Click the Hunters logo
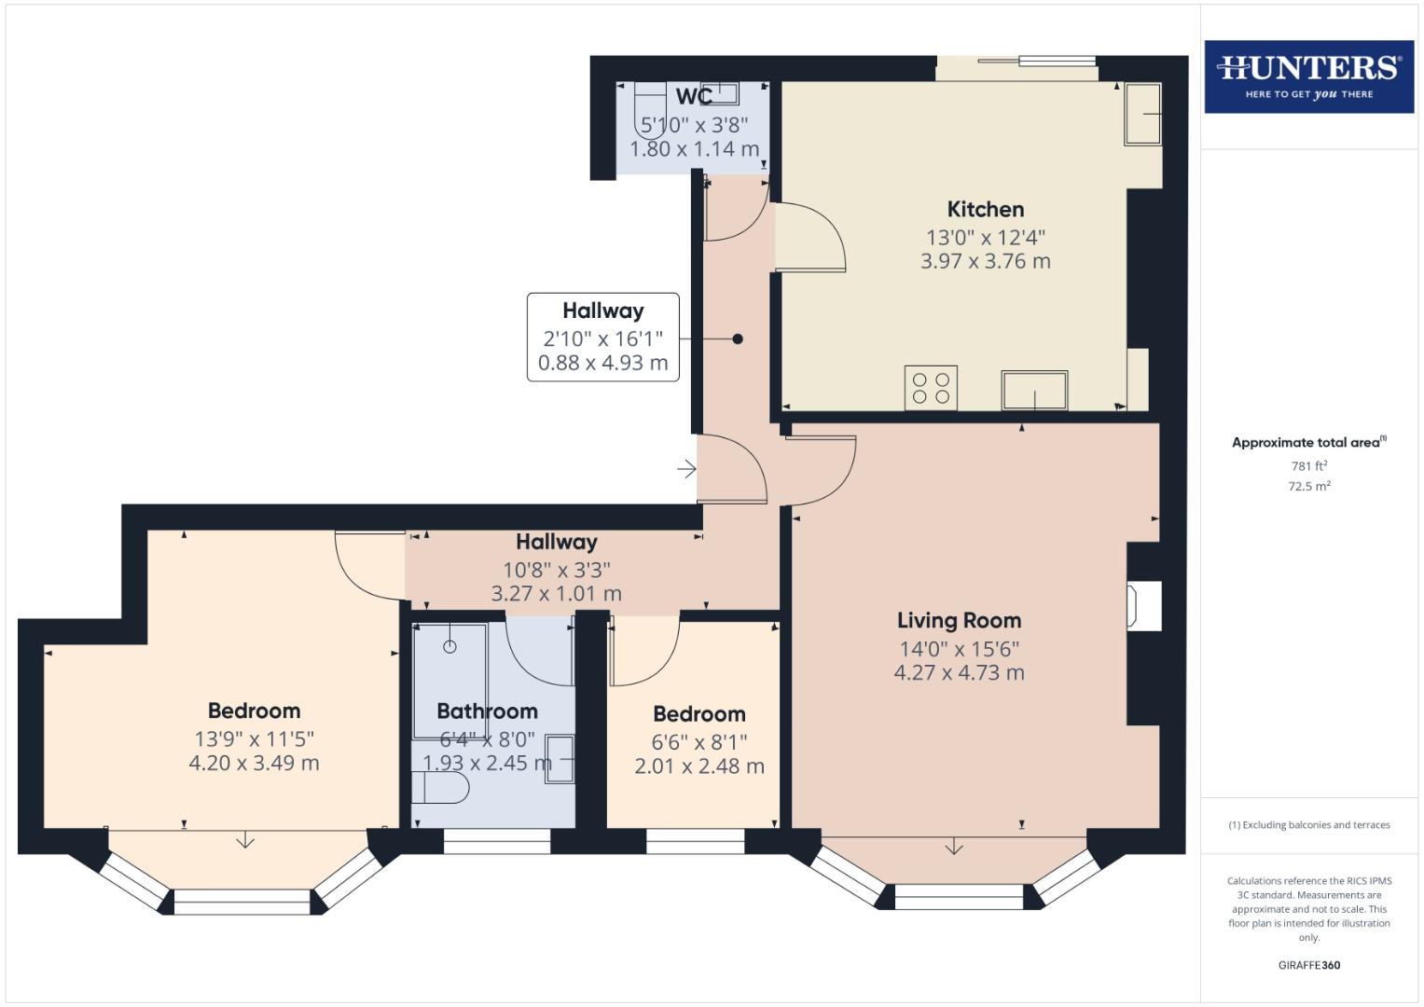pos(1308,76)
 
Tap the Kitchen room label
pos(985,209)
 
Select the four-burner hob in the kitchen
pos(931,388)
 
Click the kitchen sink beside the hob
pos(1034,390)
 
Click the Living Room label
pos(959,620)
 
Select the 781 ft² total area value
pos(1308,466)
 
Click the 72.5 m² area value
pos(1308,486)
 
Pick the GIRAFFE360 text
pos(1308,965)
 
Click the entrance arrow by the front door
pos(686,468)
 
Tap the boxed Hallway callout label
pos(602,310)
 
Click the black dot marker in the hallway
pos(738,339)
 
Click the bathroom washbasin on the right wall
pos(560,759)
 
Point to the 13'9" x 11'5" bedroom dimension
pos(254,738)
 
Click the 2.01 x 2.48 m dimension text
pos(698,766)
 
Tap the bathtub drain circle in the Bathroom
pos(449,646)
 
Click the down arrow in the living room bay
pos(953,847)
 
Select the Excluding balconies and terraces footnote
pos(1308,825)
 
